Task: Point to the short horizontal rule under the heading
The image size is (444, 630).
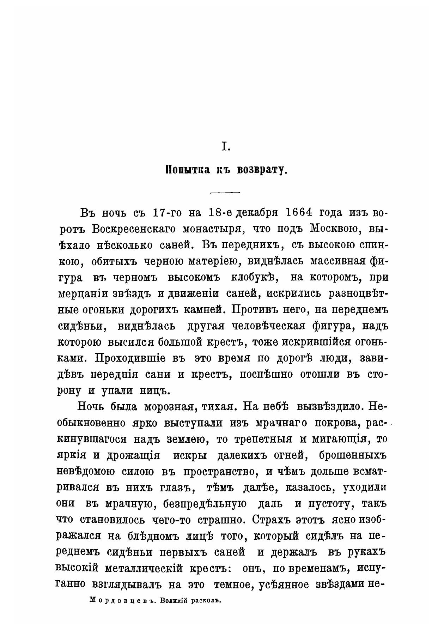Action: pos(225,193)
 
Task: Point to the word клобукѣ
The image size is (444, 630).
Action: pos(252,277)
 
